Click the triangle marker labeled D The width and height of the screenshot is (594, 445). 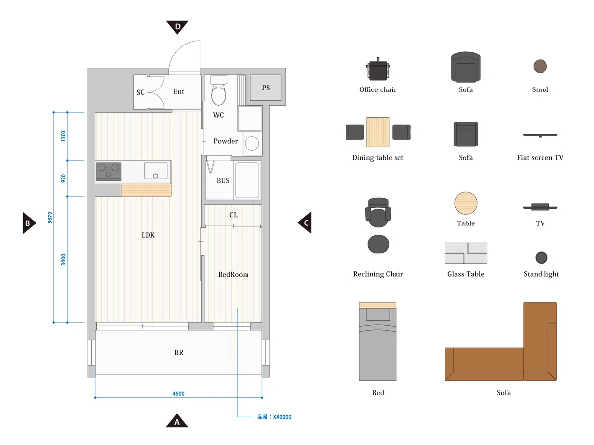coord(177,27)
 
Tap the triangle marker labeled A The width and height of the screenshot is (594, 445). coord(177,421)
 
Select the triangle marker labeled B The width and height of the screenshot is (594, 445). coord(28,223)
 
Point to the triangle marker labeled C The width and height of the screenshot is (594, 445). coord(305,222)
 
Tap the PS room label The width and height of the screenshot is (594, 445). coord(266,88)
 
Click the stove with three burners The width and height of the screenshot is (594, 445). coord(108,171)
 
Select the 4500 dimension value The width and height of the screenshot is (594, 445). coord(178,394)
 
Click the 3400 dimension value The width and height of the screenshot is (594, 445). coord(63,260)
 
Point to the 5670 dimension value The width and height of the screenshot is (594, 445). coord(50,217)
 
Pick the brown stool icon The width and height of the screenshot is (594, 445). coord(540,66)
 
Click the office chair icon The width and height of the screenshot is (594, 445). coord(378,69)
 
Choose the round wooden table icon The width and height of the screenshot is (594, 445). coord(466,203)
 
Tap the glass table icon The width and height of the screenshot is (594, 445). coord(466,253)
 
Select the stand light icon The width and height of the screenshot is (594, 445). coord(541,257)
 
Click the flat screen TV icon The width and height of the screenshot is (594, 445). coord(540,135)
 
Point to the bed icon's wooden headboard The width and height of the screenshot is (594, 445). coord(378,305)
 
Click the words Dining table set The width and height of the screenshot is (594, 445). coord(378,158)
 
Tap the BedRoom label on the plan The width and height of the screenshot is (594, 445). coord(233,274)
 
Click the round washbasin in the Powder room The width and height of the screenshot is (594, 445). coord(252,143)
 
